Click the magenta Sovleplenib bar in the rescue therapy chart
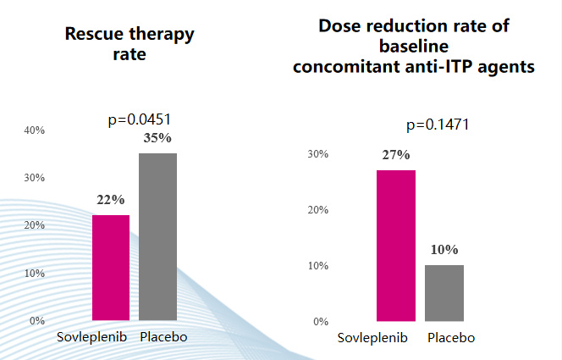tap(111, 268)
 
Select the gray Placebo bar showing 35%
tap(157, 237)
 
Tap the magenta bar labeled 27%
tap(396, 246)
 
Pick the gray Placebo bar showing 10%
tap(444, 293)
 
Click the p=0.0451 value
tap(146, 119)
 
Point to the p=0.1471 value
tap(438, 125)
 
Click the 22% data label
tap(111, 200)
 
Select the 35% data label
tap(157, 138)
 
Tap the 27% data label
tap(396, 155)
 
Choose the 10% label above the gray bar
tap(444, 250)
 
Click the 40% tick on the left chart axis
tap(35, 130)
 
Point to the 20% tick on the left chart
tap(35, 225)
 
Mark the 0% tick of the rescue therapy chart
tap(37, 321)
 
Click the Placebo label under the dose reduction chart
tap(451, 338)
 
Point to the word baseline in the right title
tap(414, 46)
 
